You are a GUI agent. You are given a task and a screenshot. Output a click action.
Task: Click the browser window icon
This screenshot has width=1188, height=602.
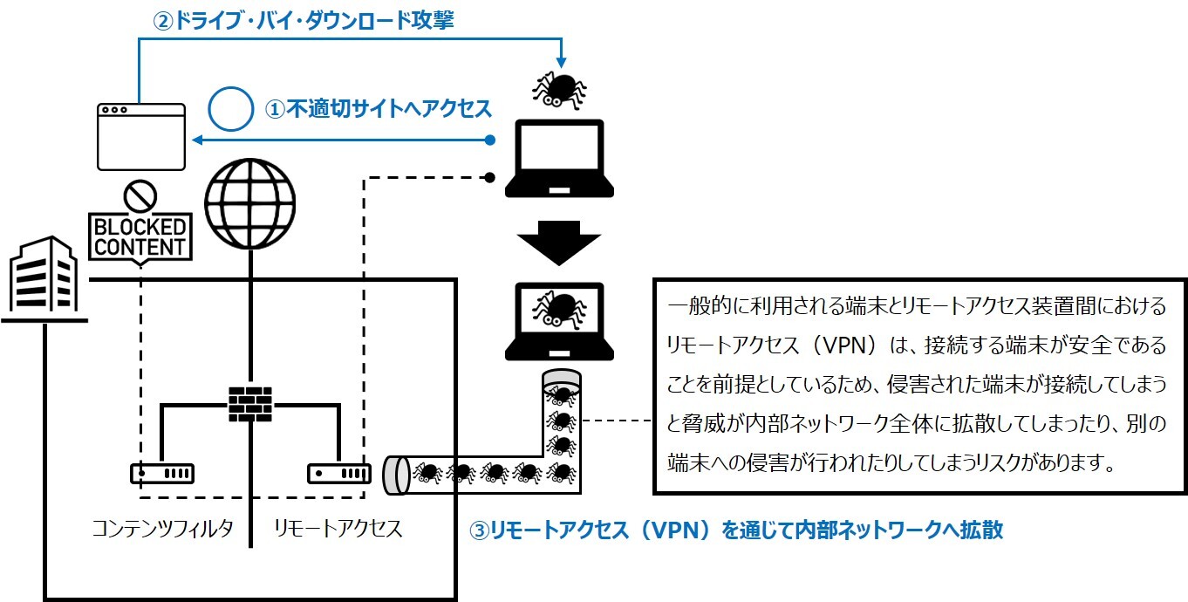click(x=141, y=136)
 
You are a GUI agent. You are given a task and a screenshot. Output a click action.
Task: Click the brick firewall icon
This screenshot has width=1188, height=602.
click(x=249, y=403)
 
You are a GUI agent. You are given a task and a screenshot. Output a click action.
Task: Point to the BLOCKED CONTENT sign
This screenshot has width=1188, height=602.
click(x=140, y=236)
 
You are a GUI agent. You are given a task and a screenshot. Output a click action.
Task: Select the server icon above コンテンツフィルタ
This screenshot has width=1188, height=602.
click(x=162, y=474)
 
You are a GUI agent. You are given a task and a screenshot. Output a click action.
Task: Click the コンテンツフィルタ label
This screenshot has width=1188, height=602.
click(x=163, y=528)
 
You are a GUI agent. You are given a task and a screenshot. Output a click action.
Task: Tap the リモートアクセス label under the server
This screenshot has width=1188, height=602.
click(x=338, y=528)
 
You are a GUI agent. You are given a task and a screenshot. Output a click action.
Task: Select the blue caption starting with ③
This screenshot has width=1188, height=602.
click(x=736, y=530)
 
